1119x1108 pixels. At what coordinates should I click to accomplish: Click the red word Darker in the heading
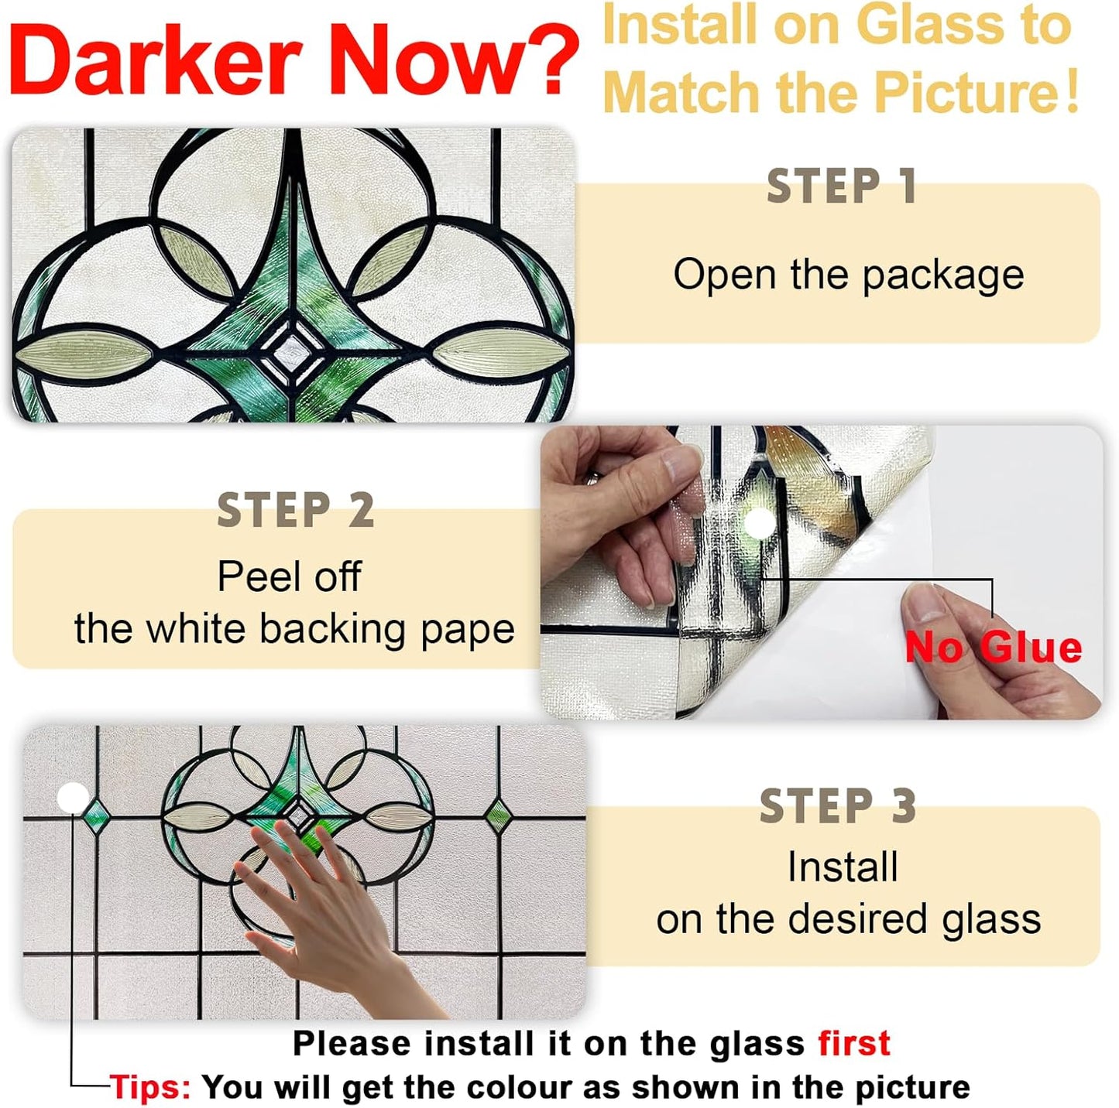click(x=155, y=60)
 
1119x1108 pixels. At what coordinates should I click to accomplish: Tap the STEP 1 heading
click(x=842, y=186)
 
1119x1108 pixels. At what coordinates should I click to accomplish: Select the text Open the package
click(x=848, y=275)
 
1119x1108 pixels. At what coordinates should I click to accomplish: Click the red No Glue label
click(x=993, y=648)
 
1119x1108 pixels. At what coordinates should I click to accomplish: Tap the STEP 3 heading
click(x=838, y=806)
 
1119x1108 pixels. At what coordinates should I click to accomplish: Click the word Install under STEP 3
click(x=843, y=867)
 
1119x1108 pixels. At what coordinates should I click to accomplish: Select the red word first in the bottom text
click(x=854, y=1043)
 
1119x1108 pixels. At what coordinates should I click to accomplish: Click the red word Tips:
click(x=150, y=1087)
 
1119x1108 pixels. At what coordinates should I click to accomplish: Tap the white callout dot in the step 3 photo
click(x=74, y=797)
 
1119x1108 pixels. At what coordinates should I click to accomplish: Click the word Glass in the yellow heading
click(x=929, y=25)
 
